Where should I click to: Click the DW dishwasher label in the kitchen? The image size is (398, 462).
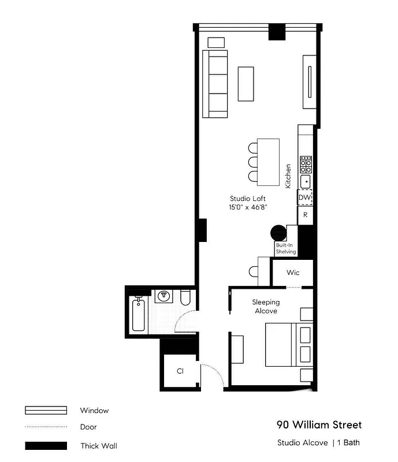pyautogui.click(x=304, y=198)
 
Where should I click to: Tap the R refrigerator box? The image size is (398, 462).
pyautogui.click(x=305, y=215)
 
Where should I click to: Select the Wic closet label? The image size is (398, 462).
pyautogui.click(x=293, y=272)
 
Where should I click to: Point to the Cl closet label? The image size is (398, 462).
pyautogui.click(x=180, y=371)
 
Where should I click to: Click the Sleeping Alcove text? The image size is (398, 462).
pyautogui.click(x=266, y=306)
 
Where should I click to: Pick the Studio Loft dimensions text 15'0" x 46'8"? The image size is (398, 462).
pyautogui.click(x=248, y=207)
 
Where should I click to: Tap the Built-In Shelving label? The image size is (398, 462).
pyautogui.click(x=286, y=248)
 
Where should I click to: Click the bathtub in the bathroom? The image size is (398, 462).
pyautogui.click(x=139, y=315)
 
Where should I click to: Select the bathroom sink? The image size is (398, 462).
pyautogui.click(x=165, y=296)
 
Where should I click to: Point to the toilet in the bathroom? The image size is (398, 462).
pyautogui.click(x=185, y=297)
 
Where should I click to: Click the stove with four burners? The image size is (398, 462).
pyautogui.click(x=306, y=166)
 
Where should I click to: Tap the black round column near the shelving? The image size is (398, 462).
pyautogui.click(x=278, y=232)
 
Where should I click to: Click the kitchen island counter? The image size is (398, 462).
pyautogui.click(x=269, y=159)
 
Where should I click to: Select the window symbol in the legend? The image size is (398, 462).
pyautogui.click(x=46, y=411)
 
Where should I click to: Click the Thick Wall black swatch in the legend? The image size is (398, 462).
pyautogui.click(x=46, y=446)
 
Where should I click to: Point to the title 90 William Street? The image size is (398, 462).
pyautogui.click(x=319, y=425)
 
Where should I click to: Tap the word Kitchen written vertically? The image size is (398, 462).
pyautogui.click(x=288, y=176)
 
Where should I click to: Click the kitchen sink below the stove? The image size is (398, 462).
pyautogui.click(x=306, y=181)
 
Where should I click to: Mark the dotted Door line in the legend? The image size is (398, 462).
pyautogui.click(x=46, y=427)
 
